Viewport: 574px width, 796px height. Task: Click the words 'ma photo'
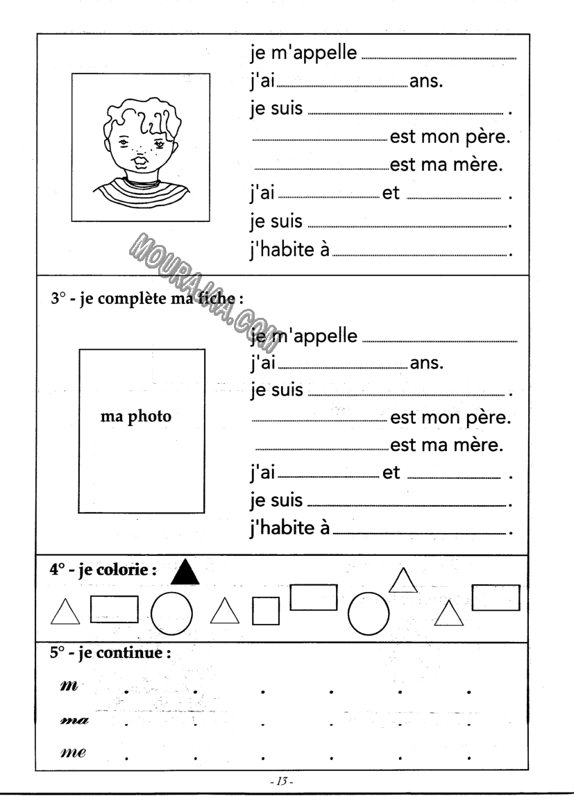[x=136, y=417]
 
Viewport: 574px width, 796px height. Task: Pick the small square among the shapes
[x=265, y=611]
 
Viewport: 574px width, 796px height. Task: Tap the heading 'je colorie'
[x=102, y=570]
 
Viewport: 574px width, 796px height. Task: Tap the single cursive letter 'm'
[x=69, y=685]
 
